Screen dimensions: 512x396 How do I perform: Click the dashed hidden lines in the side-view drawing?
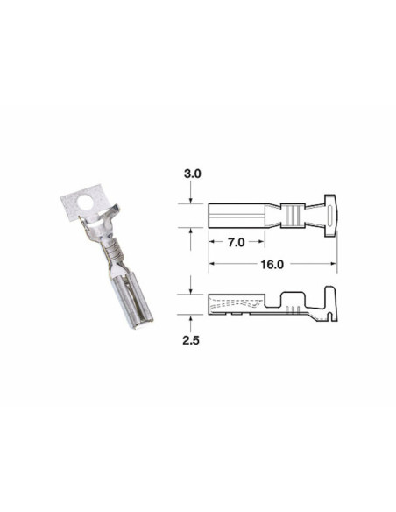pyautogui.click(x=237, y=303)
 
